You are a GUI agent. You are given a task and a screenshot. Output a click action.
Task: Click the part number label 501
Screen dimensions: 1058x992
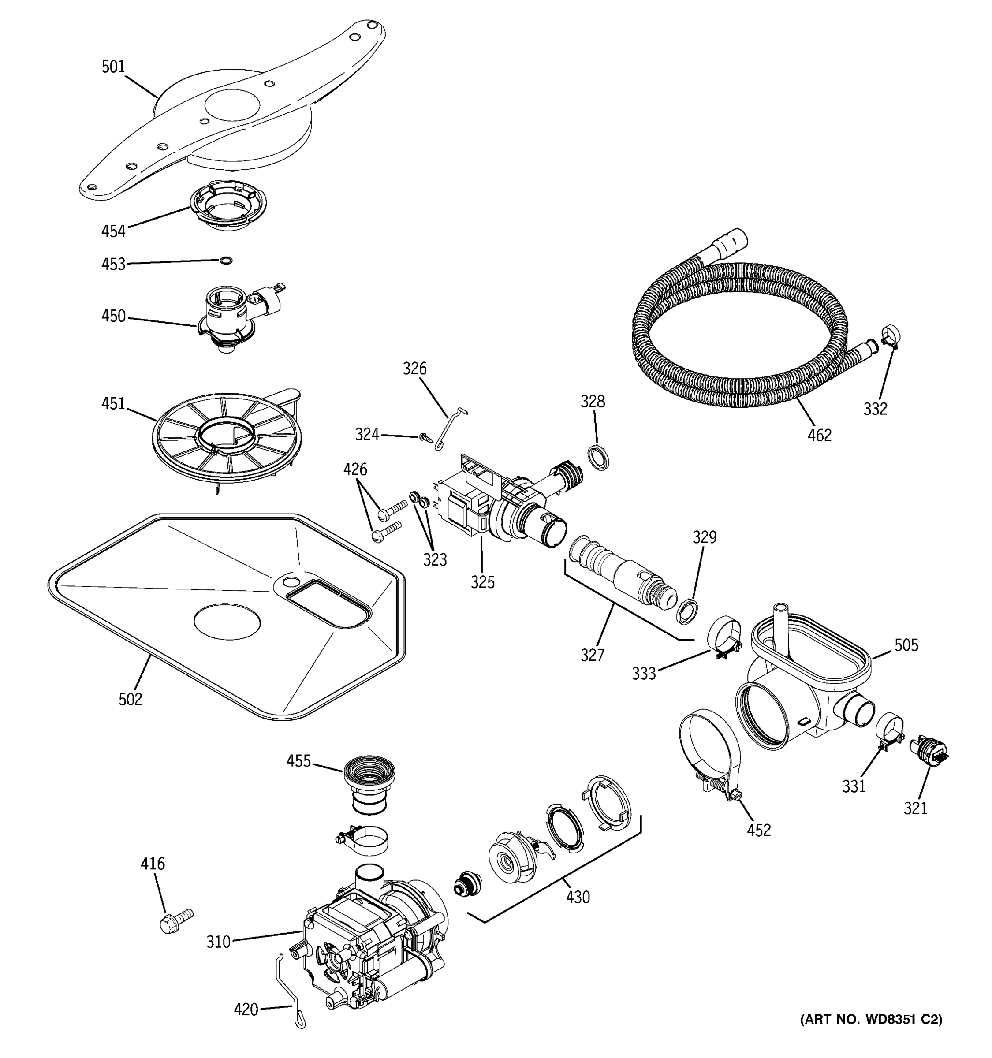(x=113, y=67)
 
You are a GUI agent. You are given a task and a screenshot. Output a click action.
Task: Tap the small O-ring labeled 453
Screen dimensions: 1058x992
(x=226, y=260)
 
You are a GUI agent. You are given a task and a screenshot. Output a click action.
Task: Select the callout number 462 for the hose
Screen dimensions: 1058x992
(x=819, y=436)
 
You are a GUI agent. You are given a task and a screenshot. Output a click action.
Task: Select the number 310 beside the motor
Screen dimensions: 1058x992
(x=218, y=942)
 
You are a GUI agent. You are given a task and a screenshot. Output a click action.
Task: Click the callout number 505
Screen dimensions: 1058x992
(x=906, y=645)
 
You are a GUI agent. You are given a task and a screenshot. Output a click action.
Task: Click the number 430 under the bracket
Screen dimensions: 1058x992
(x=578, y=897)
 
